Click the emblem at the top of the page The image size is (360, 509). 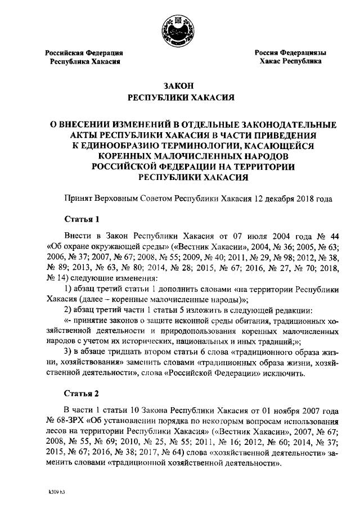point(178,28)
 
